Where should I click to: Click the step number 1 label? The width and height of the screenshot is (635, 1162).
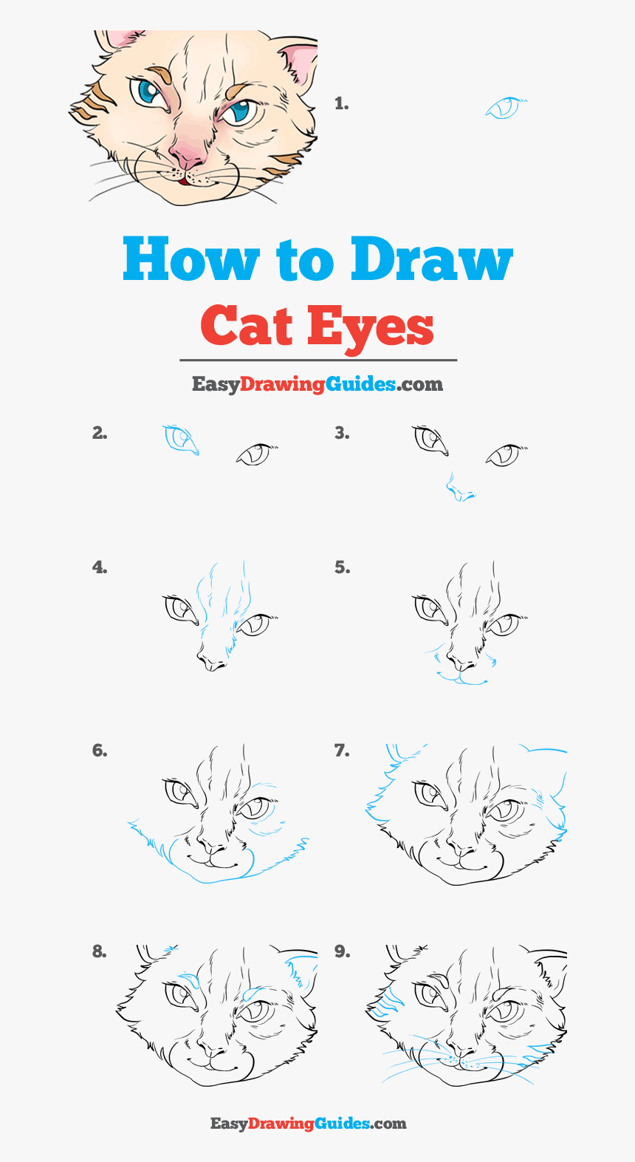[342, 103]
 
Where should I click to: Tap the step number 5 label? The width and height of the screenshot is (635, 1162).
[342, 567]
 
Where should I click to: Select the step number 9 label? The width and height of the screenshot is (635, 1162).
[342, 951]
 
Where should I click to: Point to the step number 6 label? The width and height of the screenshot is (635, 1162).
[100, 751]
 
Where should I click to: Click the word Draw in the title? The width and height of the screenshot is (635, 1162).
[432, 258]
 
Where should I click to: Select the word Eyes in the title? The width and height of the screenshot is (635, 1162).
[371, 329]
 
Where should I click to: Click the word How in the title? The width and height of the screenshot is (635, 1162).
[191, 258]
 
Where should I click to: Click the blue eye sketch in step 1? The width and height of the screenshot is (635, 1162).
[505, 107]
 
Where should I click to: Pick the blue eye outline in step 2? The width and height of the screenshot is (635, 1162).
[180, 440]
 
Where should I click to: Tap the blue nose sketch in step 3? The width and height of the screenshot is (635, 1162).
[460, 488]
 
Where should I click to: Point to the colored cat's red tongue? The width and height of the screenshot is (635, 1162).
[182, 182]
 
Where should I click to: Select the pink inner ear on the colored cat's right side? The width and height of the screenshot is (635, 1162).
[300, 62]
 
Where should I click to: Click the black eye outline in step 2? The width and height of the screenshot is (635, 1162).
[257, 454]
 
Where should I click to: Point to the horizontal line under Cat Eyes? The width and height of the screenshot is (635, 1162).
[318, 360]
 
